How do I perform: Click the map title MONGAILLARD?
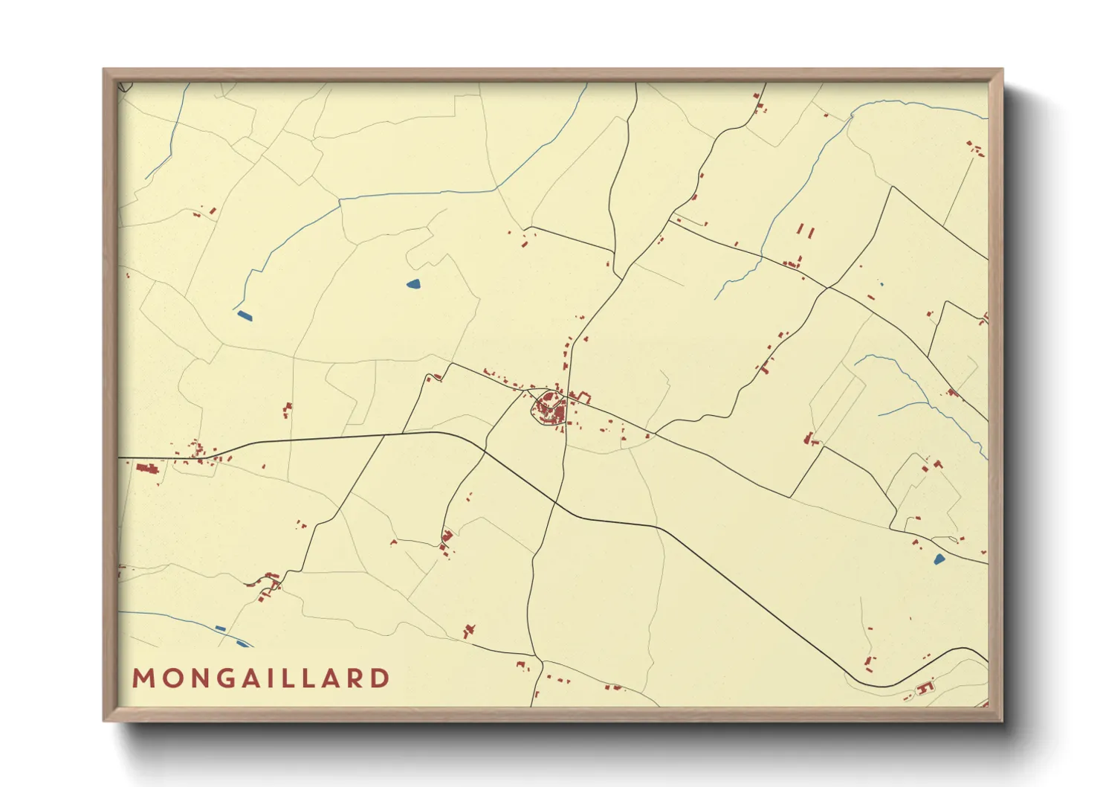pos(261,678)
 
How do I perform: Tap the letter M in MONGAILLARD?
pos(143,678)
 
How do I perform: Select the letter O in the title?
pos(170,678)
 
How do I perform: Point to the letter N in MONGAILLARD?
pos(197,678)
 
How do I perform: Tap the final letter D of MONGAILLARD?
pos(381,678)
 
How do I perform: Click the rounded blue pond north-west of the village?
pos(412,283)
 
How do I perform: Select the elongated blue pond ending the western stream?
pos(244,315)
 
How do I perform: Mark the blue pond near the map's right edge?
pos(939,559)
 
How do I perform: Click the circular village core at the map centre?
pos(550,408)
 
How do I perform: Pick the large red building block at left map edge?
pos(148,468)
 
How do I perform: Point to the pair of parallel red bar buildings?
pos(806,231)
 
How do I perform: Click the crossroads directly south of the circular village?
pos(555,504)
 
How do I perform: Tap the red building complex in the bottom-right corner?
pos(924,688)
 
